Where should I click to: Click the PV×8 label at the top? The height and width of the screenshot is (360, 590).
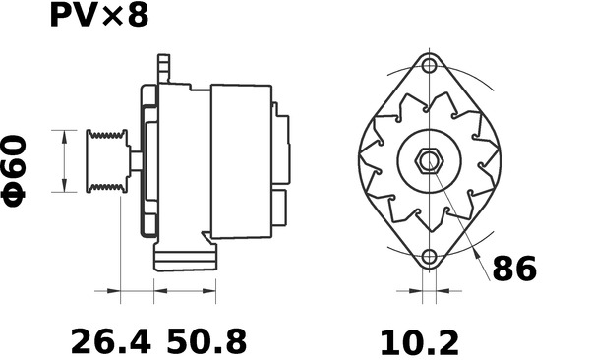(98, 17)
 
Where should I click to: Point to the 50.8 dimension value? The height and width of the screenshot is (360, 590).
(206, 341)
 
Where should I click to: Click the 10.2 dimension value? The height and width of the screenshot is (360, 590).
(420, 341)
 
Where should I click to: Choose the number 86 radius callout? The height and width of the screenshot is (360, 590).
(513, 269)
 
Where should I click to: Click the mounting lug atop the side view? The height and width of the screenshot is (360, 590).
(163, 70)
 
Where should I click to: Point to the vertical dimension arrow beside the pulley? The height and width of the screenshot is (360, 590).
(64, 159)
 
